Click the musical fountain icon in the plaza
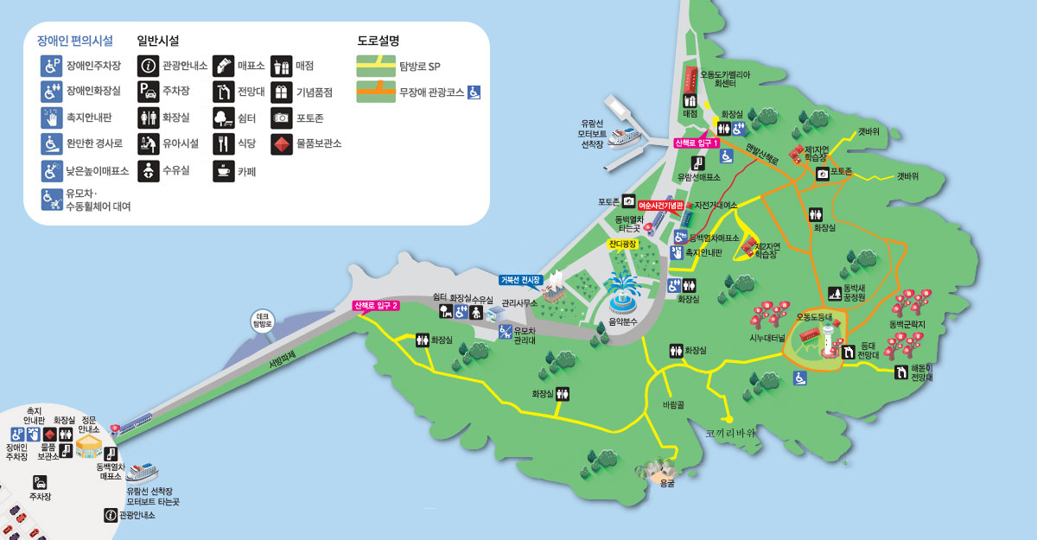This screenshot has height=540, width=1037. click(x=621, y=293)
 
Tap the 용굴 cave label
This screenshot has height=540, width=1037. click(x=666, y=485)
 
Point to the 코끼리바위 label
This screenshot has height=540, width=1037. click(x=730, y=433)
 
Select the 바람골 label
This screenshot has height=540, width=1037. click(x=673, y=403)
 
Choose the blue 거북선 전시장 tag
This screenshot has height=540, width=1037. click(x=520, y=280)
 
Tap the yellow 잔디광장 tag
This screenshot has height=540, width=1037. click(x=621, y=245)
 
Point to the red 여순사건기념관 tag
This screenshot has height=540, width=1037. click(x=660, y=205)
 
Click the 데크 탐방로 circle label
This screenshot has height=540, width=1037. click(x=263, y=321)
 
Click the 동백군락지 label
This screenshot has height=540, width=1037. click(x=907, y=325)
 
